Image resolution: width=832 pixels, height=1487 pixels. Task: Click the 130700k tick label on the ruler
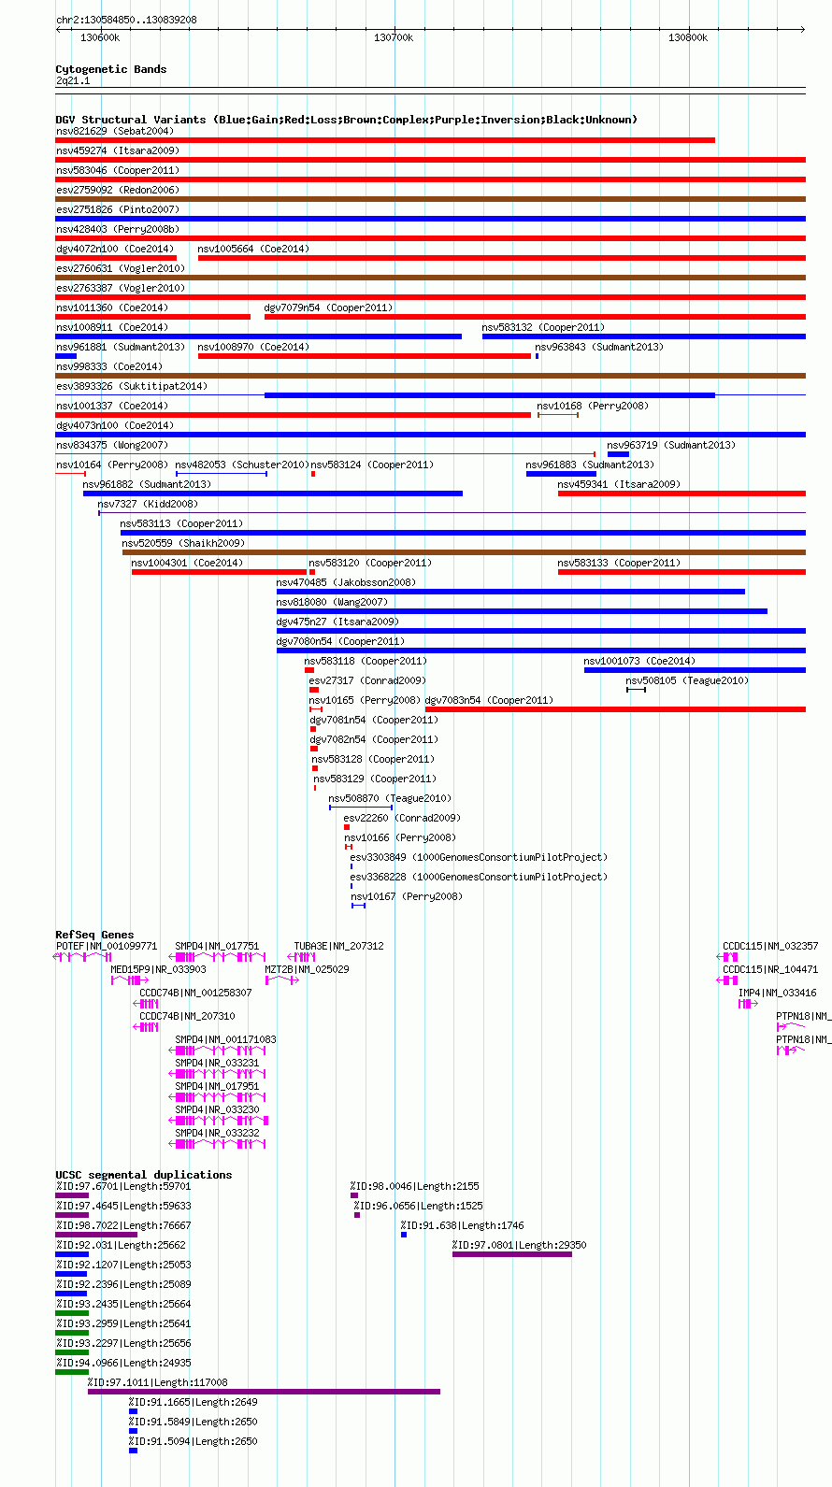393,37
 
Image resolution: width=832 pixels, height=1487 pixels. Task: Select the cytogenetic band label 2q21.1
73,81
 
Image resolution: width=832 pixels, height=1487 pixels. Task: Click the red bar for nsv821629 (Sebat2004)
385,140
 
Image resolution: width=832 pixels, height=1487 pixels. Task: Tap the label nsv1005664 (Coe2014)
253,249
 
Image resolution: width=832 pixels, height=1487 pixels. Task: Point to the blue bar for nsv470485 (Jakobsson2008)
510,592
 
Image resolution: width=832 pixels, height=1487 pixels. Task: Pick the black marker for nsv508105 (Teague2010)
636,690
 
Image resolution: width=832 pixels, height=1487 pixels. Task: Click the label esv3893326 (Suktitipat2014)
132,386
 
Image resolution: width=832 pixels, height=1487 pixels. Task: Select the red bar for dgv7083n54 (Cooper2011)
615,709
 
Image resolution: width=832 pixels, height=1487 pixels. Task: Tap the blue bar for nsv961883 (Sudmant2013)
561,474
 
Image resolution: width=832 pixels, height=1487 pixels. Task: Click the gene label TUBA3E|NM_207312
338,946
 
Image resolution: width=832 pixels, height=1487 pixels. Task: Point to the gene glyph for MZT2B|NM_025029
282,980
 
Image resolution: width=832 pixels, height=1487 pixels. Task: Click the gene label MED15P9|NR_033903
158,970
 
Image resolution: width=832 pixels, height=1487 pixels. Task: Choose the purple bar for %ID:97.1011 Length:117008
264,1392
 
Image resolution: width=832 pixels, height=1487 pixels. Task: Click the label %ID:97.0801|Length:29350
519,1245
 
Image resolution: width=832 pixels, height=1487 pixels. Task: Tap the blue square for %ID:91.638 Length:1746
404,1235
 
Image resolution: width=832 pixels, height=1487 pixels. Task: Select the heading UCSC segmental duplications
144,1175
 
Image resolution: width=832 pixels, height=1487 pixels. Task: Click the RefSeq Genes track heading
95,935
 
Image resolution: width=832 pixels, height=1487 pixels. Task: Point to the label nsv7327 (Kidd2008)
148,505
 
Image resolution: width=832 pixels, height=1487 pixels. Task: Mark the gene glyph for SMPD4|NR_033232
217,1144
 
